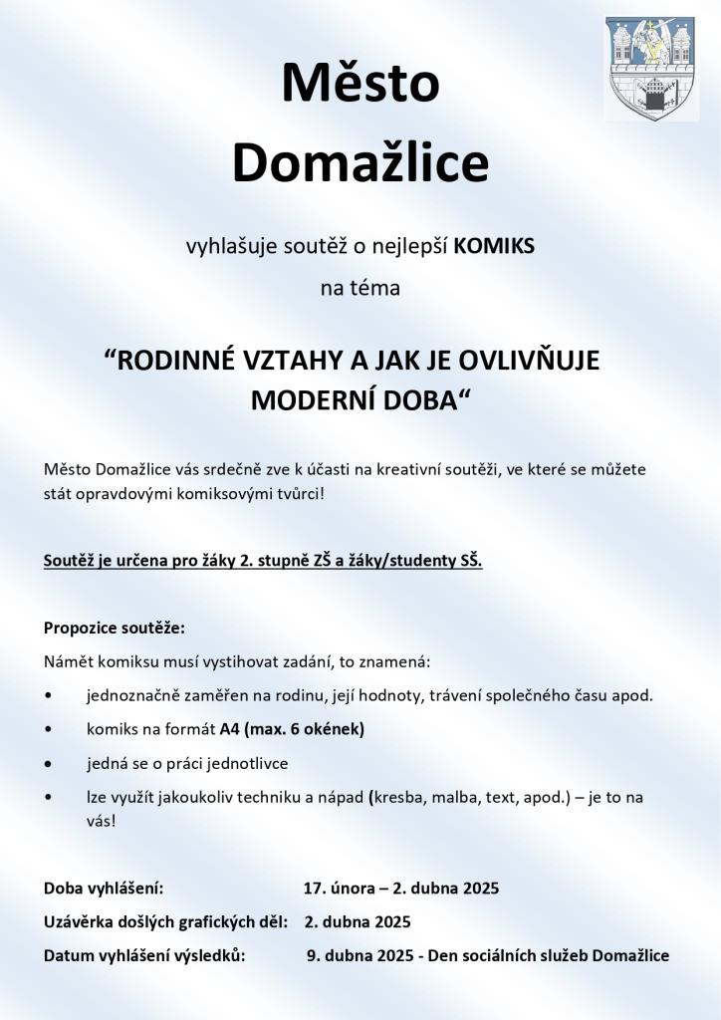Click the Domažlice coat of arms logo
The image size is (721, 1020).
coord(650,68)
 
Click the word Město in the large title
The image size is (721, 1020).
coord(360,83)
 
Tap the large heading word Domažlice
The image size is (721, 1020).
coord(360,164)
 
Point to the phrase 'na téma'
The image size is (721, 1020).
coord(360,290)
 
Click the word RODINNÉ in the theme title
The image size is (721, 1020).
coord(174,361)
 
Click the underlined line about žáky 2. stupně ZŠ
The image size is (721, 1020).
coord(263,561)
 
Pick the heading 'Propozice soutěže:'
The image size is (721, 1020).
coord(115,629)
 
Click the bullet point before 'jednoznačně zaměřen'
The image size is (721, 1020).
coord(49,695)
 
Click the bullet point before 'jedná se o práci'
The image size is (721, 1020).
coord(49,763)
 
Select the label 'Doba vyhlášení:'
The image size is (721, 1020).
coord(104,888)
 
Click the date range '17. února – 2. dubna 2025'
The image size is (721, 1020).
coord(401,888)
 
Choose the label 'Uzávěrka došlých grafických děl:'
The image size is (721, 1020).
coord(165,921)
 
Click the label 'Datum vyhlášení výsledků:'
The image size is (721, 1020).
coord(144,955)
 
